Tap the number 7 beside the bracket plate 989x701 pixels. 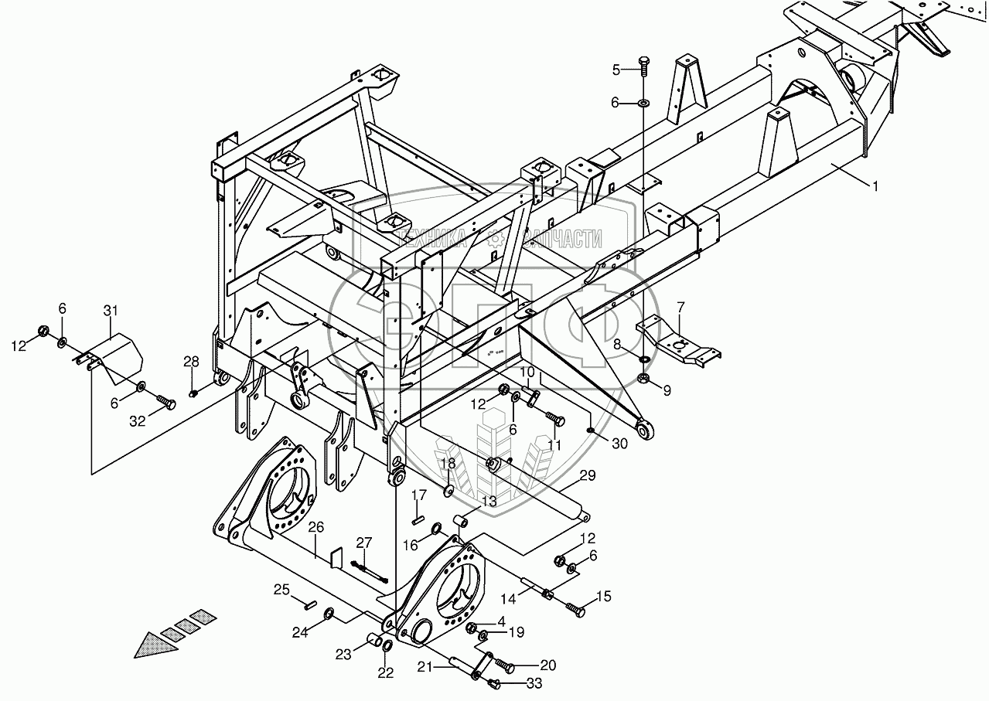(x=680, y=308)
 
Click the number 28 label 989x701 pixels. (x=191, y=362)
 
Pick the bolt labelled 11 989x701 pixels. (x=556, y=420)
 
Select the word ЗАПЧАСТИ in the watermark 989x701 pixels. (x=563, y=239)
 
